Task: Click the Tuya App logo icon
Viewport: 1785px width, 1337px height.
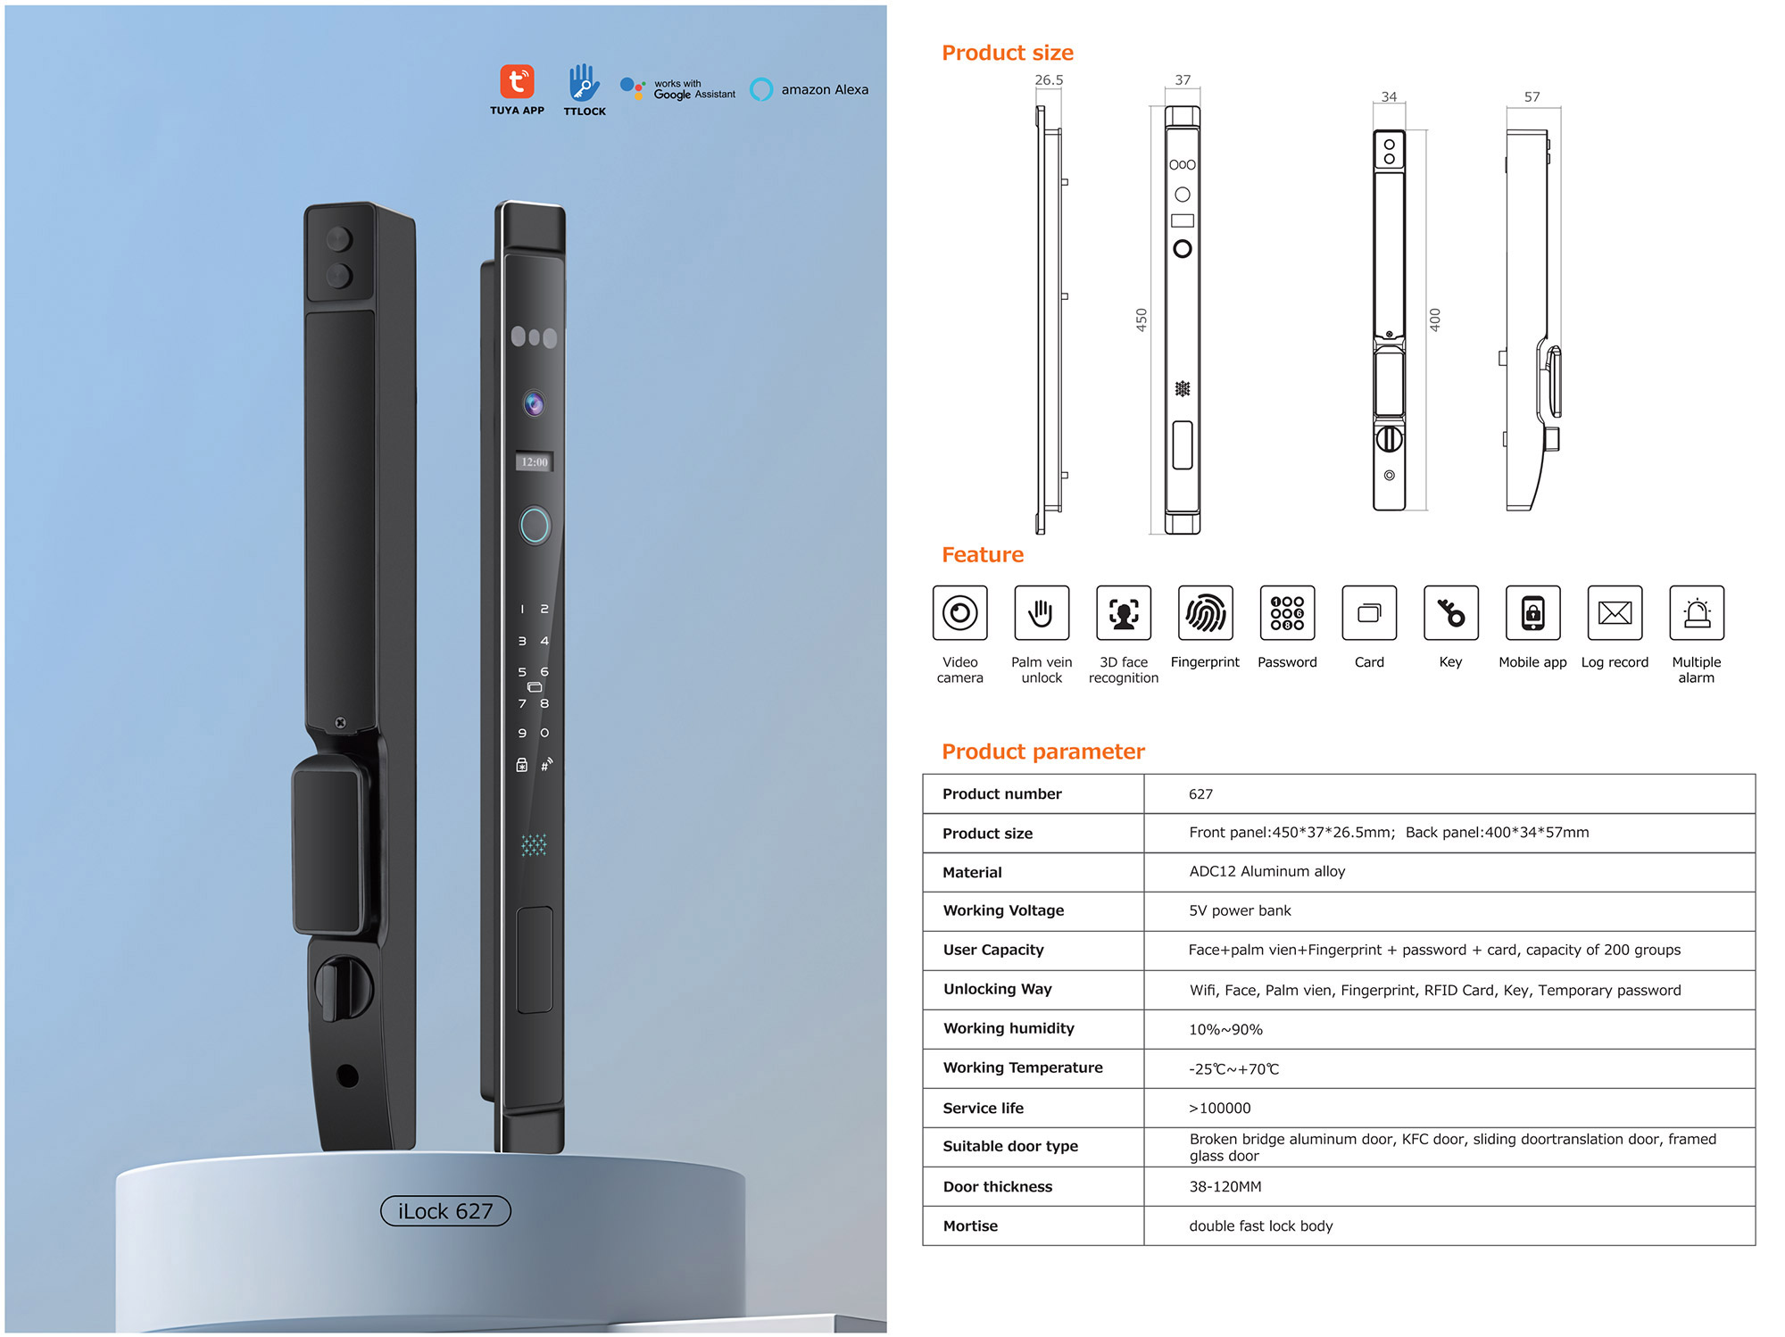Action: (517, 81)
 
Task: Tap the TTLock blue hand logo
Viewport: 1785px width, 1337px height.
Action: (584, 82)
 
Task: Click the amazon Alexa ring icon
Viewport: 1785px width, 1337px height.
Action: (761, 89)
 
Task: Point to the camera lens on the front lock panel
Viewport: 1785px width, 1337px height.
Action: (534, 403)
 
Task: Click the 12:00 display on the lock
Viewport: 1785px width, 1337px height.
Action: (535, 461)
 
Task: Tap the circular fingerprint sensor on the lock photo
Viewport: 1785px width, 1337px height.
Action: (535, 526)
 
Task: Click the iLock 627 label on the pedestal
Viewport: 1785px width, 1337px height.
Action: (445, 1211)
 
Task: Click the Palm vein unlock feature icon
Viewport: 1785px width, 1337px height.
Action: (1042, 613)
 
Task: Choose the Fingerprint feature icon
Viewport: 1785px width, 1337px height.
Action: (1206, 613)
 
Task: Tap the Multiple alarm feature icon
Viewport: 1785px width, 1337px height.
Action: (1697, 613)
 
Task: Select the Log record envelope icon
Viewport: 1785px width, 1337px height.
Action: (1615, 613)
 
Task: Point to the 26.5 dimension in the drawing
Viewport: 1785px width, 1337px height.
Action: (1049, 80)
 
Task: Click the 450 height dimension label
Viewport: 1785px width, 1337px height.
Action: (1142, 320)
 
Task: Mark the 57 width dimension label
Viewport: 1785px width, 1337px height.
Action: (1532, 97)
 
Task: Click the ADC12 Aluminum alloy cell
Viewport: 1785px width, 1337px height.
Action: (1266, 871)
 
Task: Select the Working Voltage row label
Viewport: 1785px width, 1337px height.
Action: (1003, 910)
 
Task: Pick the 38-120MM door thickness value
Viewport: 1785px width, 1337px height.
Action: (1225, 1186)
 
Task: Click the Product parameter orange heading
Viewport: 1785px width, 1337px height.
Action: (1043, 752)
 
